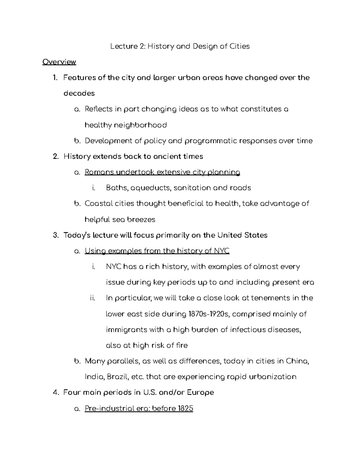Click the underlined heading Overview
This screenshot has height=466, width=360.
click(x=59, y=62)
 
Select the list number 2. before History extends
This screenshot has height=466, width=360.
click(x=55, y=156)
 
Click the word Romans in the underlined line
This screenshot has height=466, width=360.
click(x=99, y=172)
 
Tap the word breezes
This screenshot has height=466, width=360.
click(x=141, y=219)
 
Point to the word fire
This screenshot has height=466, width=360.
click(x=181, y=345)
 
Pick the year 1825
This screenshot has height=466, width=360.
click(x=185, y=408)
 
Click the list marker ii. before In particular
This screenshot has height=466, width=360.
click(x=92, y=298)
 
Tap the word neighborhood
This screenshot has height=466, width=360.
click(x=140, y=125)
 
